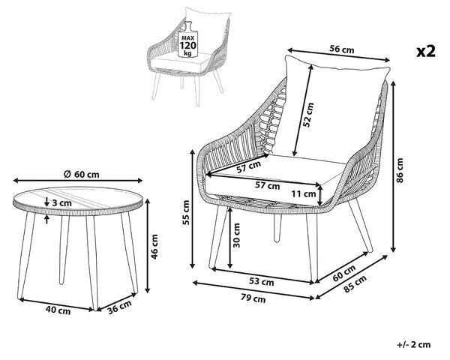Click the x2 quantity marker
[426, 51]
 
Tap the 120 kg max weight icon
[187, 39]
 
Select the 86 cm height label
[400, 170]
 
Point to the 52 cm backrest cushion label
[307, 115]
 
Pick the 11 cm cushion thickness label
[304, 193]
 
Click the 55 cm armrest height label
[186, 212]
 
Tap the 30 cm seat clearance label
[236, 235]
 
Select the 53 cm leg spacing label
[262, 282]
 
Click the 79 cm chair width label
[253, 298]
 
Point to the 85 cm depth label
[355, 283]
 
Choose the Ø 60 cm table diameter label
[81, 174]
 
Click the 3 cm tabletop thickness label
[62, 203]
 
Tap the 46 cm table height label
[154, 247]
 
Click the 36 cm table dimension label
[120, 307]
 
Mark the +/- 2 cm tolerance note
[414, 344]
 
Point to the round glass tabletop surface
[78, 197]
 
